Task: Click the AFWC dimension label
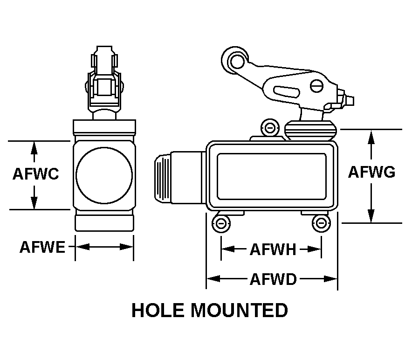35,174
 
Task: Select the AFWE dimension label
42,247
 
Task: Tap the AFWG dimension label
372,172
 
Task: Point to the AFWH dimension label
273,249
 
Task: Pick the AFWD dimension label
273,279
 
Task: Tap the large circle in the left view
104,175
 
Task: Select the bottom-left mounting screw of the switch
221,224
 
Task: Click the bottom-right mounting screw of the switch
320,224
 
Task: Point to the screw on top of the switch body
269,127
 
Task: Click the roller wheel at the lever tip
234,59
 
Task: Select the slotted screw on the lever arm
316,86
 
